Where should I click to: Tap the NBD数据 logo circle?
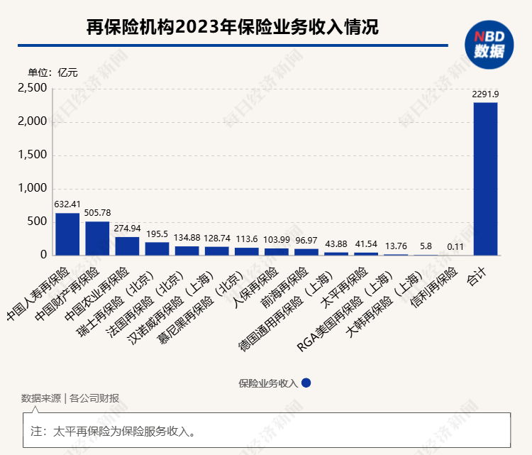click(x=489, y=45)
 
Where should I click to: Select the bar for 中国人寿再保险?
click(x=67, y=234)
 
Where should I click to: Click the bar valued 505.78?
click(x=97, y=238)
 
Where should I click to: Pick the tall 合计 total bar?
click(x=485, y=178)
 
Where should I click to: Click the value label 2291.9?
click(x=485, y=94)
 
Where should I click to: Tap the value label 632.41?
click(x=67, y=204)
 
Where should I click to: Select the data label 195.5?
click(x=157, y=234)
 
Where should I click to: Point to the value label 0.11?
click(x=455, y=246)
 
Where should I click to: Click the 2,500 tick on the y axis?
click(x=33, y=88)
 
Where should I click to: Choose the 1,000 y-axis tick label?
click(x=33, y=189)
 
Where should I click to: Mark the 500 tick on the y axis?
click(x=37, y=221)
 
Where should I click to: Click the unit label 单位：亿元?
click(x=52, y=72)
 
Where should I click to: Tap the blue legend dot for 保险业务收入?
click(x=306, y=383)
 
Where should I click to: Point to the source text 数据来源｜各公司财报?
click(x=70, y=398)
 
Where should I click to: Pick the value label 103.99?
click(x=277, y=241)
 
